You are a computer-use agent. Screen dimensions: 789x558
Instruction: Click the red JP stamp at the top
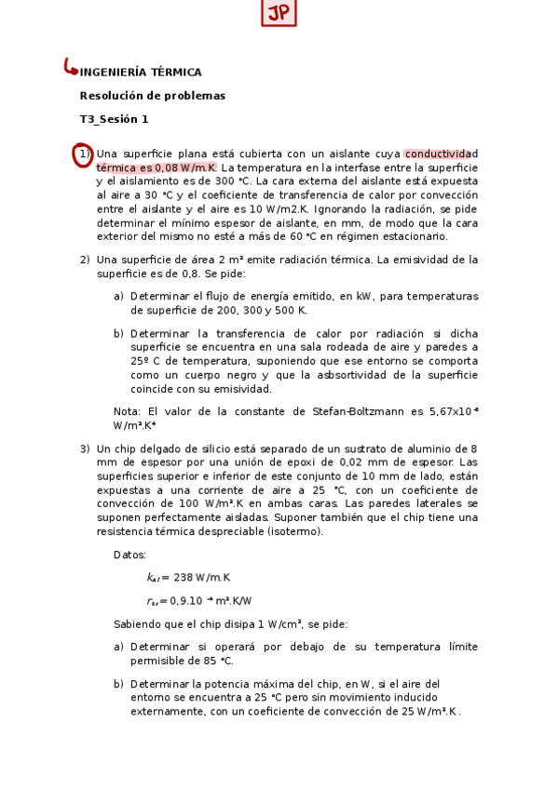click(x=279, y=14)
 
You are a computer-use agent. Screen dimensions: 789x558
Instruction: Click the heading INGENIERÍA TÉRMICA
click(x=142, y=72)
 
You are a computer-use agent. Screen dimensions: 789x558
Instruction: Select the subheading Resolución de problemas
click(x=153, y=95)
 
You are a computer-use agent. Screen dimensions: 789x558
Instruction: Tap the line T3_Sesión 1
click(x=115, y=118)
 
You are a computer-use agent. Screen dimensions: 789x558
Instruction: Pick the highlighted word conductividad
click(x=441, y=154)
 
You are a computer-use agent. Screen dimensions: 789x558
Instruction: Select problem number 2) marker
click(x=85, y=260)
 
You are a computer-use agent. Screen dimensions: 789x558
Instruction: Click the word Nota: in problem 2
click(x=127, y=411)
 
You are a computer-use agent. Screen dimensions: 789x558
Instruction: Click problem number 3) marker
click(x=85, y=448)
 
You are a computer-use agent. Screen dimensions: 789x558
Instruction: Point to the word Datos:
click(x=129, y=555)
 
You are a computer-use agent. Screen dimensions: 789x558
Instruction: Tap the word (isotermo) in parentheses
click(x=293, y=531)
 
